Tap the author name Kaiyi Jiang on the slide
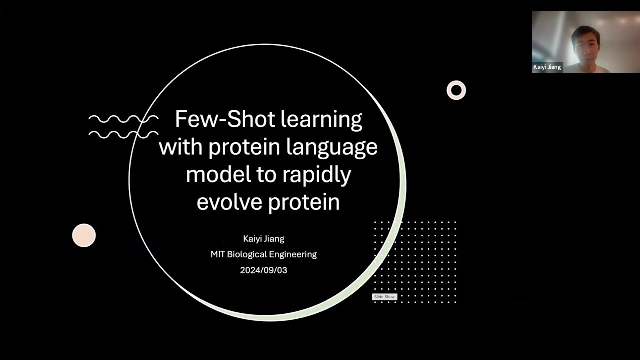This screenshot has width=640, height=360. click(263, 239)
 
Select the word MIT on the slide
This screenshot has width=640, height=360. click(218, 254)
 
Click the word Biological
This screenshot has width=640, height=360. click(251, 254)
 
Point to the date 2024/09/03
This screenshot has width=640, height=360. click(263, 270)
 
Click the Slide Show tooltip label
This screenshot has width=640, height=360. click(384, 297)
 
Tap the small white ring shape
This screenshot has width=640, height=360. click(456, 90)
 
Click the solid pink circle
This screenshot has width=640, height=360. click(84, 235)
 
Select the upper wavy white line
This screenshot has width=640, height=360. click(123, 119)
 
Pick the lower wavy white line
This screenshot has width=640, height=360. click(123, 134)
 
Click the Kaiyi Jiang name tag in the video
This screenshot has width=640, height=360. click(547, 67)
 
